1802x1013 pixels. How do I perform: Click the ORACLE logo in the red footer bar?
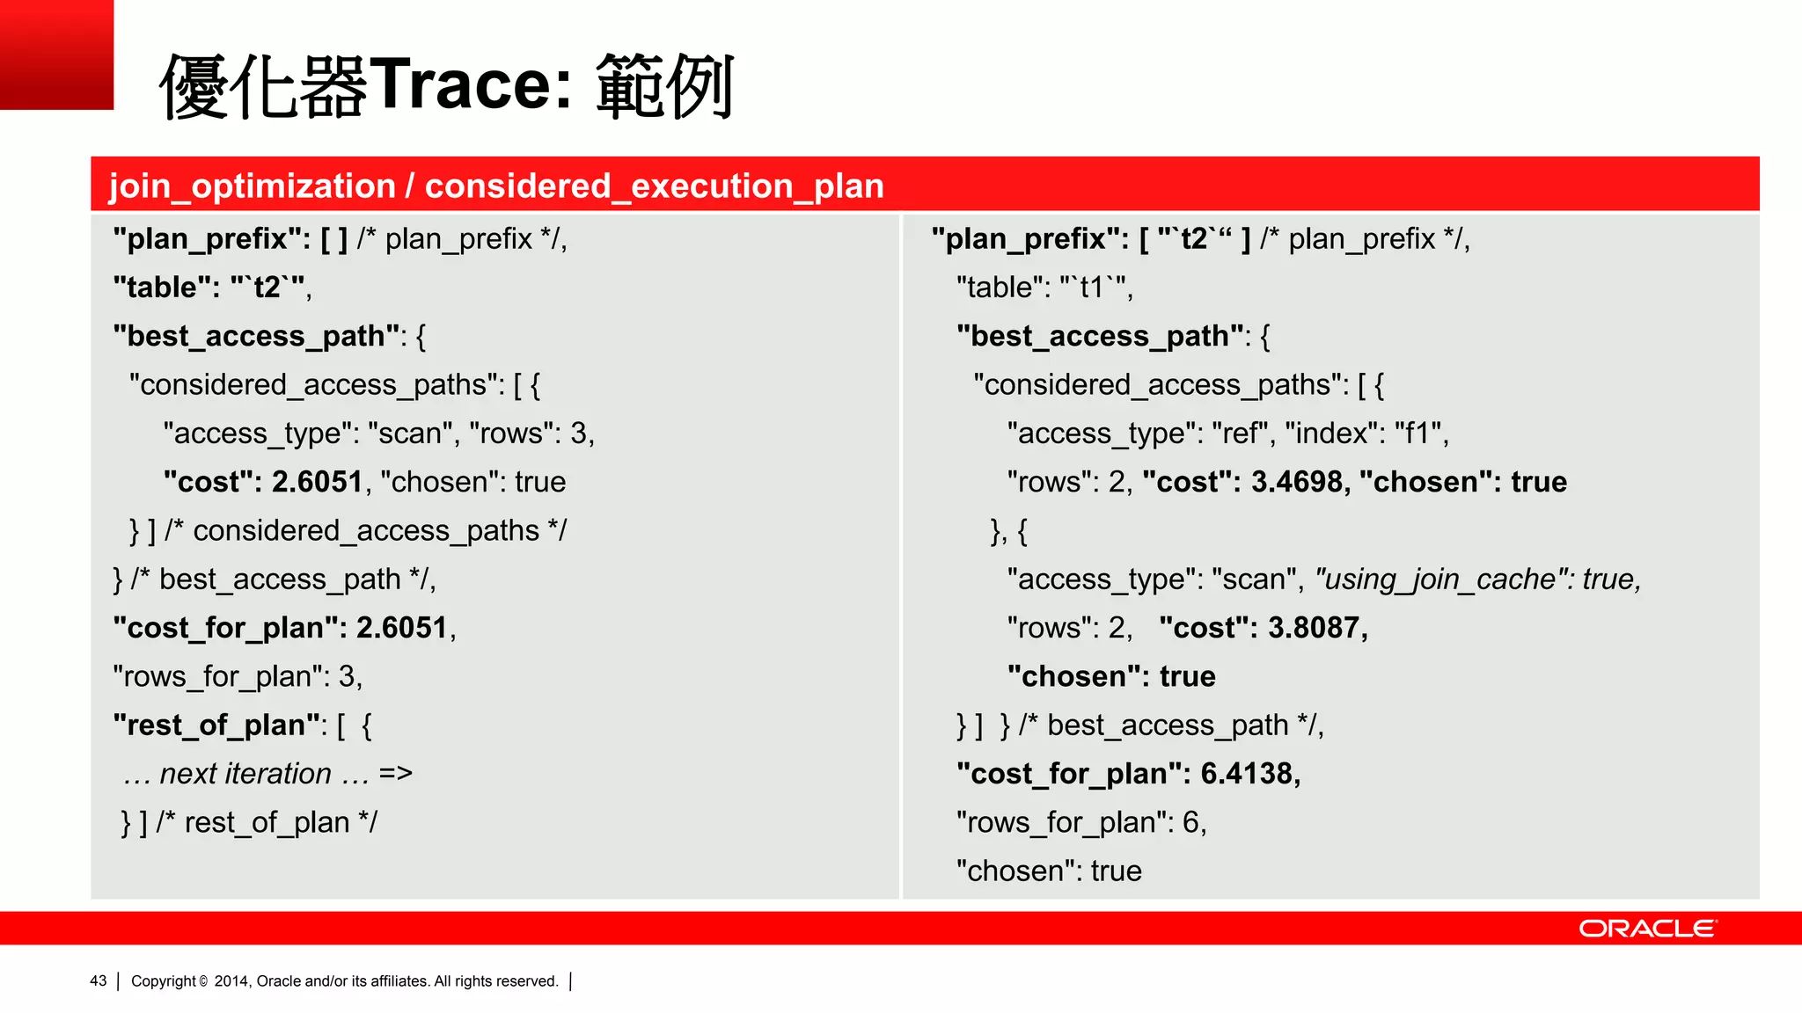(x=1647, y=929)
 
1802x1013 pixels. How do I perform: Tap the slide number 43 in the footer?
(x=98, y=980)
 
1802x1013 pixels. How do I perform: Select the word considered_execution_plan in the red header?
(x=654, y=186)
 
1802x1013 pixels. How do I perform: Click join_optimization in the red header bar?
(x=252, y=186)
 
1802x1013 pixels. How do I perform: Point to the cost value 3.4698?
(x=1297, y=482)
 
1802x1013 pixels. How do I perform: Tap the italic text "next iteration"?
(x=245, y=774)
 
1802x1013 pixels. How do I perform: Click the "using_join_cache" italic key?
(x=1443, y=579)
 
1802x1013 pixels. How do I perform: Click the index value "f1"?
(x=1417, y=434)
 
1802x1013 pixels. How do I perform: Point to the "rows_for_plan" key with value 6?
(x=1065, y=822)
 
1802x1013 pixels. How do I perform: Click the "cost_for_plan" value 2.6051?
(x=402, y=628)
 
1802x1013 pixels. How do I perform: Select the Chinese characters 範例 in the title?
(x=664, y=85)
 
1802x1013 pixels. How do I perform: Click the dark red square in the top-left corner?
(x=56, y=55)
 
